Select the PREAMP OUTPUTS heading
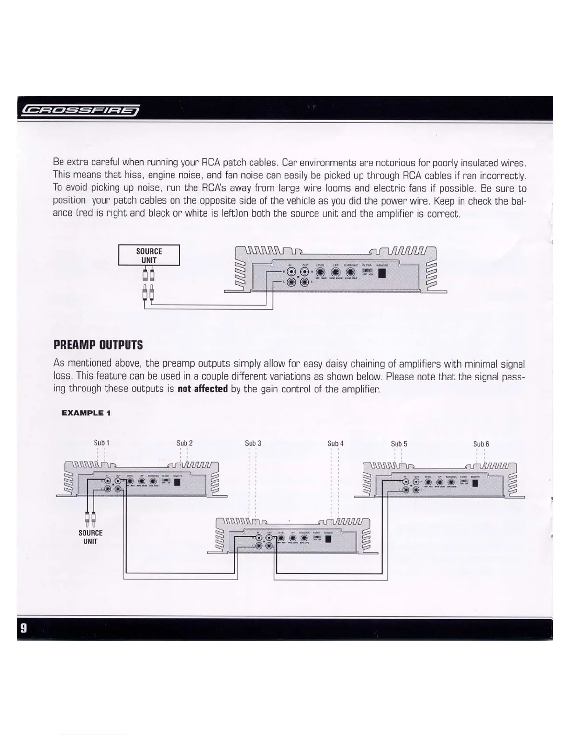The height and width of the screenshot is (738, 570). coord(98,345)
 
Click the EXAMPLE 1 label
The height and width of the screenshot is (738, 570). coord(86,413)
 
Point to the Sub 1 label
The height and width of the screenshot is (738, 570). coord(102,443)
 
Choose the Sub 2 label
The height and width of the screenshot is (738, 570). coord(184,443)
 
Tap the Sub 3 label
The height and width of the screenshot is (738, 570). coord(253,443)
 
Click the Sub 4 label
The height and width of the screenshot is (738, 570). coord(335,444)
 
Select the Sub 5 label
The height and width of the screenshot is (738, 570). coord(399,444)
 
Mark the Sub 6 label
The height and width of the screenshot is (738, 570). coord(481,444)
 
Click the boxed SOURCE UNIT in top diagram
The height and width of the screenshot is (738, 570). coord(149,255)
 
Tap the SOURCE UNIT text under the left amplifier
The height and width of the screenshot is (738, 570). coord(90,537)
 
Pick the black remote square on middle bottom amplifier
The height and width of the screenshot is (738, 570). coord(328,539)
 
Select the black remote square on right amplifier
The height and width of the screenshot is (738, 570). coord(475,483)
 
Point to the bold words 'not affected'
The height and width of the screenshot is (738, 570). coord(203,389)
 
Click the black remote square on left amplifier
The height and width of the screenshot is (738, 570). coord(177,483)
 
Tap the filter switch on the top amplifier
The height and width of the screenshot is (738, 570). coord(367,271)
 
